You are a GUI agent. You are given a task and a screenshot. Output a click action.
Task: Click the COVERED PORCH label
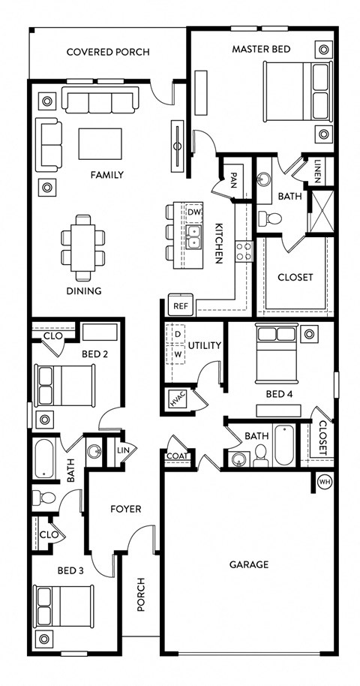click(107, 52)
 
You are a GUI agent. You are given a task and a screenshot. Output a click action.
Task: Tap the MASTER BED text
click(261, 49)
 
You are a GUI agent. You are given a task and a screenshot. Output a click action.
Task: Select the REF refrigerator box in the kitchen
click(180, 305)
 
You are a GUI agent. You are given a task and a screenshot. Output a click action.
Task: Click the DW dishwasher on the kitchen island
click(194, 212)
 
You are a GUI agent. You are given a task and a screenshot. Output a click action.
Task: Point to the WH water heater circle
click(325, 481)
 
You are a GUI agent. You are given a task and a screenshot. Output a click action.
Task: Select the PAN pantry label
click(234, 180)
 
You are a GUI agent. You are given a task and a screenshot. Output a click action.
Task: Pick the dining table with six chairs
click(82, 243)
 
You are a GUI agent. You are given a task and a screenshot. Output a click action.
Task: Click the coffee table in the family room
click(100, 143)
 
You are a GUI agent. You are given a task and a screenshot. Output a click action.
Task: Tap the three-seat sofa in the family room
click(100, 101)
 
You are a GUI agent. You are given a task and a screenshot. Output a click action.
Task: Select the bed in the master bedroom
click(298, 91)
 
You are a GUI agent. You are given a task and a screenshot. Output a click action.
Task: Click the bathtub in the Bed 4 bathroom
click(284, 446)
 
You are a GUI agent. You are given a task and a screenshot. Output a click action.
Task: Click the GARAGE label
click(249, 564)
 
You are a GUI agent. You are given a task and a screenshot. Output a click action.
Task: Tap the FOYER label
click(126, 509)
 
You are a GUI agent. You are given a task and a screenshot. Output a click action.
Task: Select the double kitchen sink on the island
click(194, 238)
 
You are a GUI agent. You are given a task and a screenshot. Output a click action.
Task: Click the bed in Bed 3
click(64, 606)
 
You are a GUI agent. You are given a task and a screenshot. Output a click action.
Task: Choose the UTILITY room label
click(204, 345)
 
